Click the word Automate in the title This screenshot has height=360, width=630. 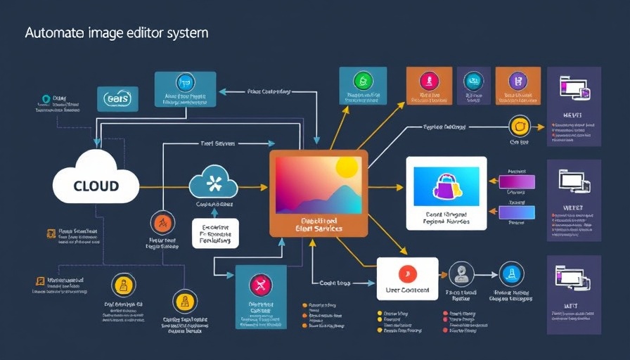click(53, 33)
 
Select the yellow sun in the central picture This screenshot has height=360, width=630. click(347, 167)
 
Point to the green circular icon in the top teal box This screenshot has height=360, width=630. click(363, 79)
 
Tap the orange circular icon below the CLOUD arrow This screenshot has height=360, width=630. click(162, 224)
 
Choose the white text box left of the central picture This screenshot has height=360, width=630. click(215, 233)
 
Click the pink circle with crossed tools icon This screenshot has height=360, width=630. click(261, 284)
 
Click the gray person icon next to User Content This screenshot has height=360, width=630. click(461, 274)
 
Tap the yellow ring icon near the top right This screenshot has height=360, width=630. click(518, 127)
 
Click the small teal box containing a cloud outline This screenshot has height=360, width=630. click(117, 99)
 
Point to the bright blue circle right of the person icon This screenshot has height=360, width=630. click(511, 274)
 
